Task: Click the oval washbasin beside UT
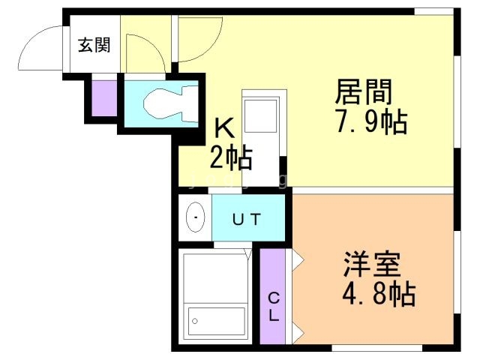196,218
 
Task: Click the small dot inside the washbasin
196,218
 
